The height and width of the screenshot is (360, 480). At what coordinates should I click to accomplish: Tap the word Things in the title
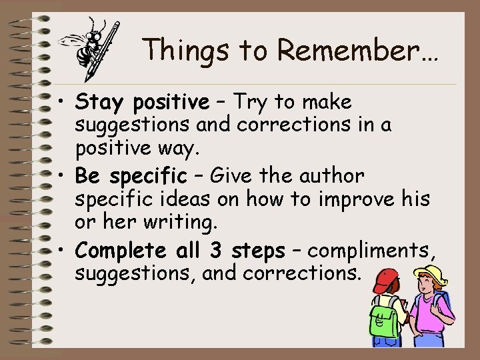click(177, 51)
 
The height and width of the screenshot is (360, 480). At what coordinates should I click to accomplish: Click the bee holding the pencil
click(91, 45)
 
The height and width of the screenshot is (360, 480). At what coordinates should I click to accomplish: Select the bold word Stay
click(101, 103)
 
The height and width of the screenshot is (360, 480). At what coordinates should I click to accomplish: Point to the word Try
click(249, 103)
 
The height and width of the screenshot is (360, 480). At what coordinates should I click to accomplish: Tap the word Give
click(231, 177)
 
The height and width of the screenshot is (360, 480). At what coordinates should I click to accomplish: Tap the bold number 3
click(216, 251)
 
